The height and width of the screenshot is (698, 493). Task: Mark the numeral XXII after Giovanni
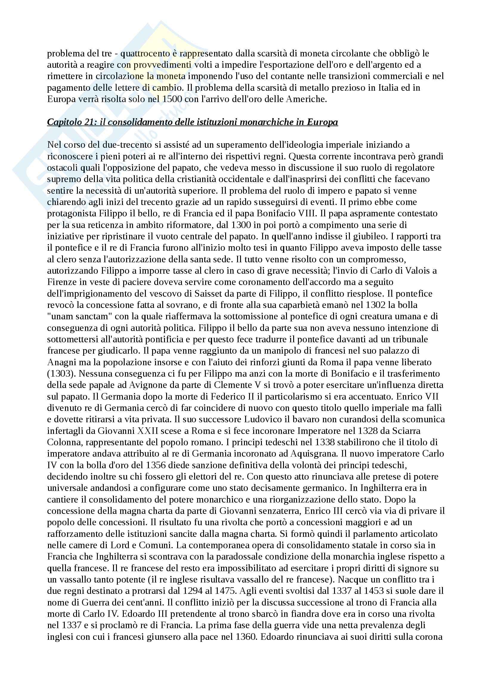coord(150,431)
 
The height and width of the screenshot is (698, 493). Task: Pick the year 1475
coord(225,591)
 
